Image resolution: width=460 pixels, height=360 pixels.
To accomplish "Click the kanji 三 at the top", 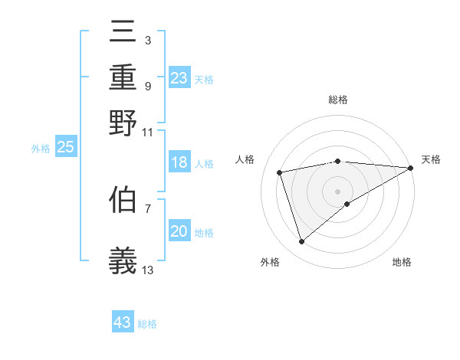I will (123, 34).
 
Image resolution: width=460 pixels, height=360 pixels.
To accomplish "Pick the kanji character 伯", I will (123, 200).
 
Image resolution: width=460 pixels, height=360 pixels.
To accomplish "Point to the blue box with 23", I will (179, 78).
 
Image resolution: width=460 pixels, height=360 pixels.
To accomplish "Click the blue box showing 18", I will (179, 162).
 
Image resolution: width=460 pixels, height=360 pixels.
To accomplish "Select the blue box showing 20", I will (179, 231).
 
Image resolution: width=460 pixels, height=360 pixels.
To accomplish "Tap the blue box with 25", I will (66, 148).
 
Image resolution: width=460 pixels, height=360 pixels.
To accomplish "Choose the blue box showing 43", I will (123, 322).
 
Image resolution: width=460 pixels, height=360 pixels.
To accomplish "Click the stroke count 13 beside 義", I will (148, 270).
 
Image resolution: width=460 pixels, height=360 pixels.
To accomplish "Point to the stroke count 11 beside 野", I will (148, 131).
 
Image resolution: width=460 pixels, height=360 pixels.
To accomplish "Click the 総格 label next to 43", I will (147, 324).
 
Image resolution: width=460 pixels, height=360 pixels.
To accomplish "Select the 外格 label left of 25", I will (41, 149).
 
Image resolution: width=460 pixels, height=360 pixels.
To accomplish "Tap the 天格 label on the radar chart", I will (431, 159).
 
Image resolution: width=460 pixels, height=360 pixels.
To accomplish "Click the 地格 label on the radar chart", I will (402, 263).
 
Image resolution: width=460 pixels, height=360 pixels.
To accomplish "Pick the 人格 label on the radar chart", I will (245, 159).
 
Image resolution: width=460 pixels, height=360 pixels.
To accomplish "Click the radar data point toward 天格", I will (410, 168).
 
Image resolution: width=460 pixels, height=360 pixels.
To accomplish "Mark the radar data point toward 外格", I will (301, 242).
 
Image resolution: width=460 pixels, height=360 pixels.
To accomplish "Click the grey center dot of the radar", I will (337, 191).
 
